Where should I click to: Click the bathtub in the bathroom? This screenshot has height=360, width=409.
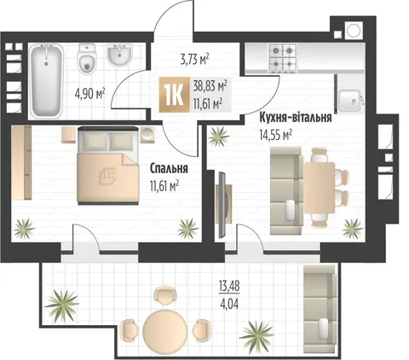46,81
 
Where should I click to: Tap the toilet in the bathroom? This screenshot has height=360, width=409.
87,59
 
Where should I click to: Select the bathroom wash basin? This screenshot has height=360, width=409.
119,55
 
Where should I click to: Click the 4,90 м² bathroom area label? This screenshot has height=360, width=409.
89,93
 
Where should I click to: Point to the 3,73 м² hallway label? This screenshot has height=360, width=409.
195,60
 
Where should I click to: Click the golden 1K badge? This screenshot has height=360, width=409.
174,95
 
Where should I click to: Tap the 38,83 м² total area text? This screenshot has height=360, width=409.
210,85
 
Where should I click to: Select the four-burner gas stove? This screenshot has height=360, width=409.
283,58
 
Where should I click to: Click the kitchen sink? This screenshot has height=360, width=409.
351,101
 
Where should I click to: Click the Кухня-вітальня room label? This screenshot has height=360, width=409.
296,118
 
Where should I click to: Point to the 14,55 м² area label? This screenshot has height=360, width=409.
275,135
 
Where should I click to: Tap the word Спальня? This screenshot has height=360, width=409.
169,168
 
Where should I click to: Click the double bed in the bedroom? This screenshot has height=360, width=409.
108,165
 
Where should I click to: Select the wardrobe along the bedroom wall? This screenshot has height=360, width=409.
22,163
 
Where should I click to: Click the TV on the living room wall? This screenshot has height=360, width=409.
223,205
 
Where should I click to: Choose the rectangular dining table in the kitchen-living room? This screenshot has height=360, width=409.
320,188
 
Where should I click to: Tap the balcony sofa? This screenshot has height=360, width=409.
320,309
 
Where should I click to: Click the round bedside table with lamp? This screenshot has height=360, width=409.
147,134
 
